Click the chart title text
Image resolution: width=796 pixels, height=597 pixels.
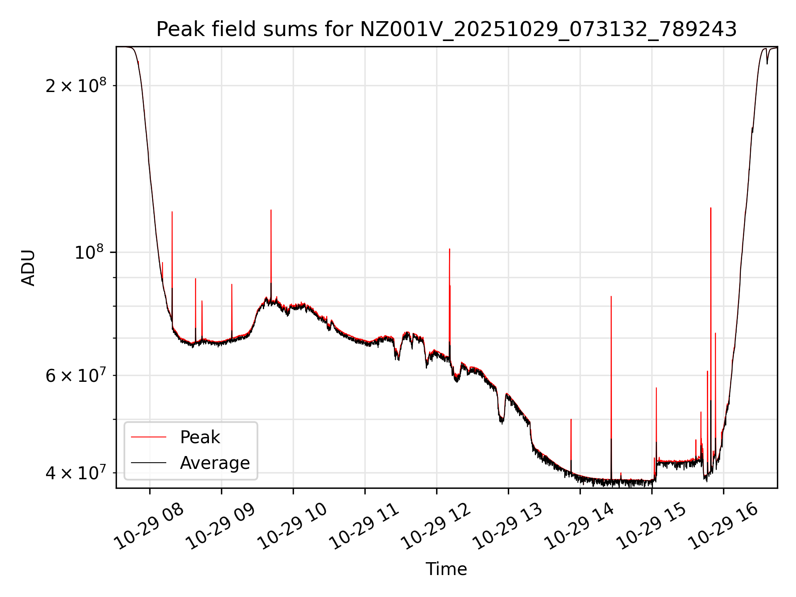pyautogui.click(x=446, y=29)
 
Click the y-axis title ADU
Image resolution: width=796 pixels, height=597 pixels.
pyautogui.click(x=28, y=267)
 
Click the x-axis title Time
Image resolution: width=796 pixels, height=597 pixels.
pyautogui.click(x=446, y=569)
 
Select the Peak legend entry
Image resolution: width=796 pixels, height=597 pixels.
pyautogui.click(x=199, y=437)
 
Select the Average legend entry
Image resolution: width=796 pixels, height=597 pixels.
pyautogui.click(x=214, y=463)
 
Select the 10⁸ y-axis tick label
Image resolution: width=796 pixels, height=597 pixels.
pyautogui.click(x=90, y=252)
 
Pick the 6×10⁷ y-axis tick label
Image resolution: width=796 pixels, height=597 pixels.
pyautogui.click(x=76, y=376)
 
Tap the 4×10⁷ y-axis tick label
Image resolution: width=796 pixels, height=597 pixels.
pyautogui.click(x=76, y=472)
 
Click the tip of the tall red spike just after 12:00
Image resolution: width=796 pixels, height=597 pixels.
pyautogui.click(x=449, y=249)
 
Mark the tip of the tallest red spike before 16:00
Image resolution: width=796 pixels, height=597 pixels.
pyautogui.click(x=711, y=208)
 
